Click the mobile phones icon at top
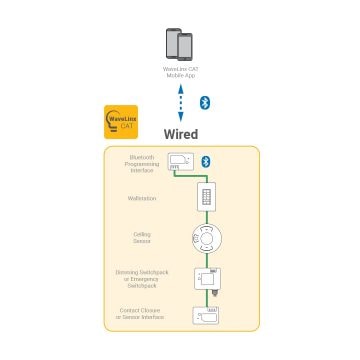(x=179, y=46)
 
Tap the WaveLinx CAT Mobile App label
(x=179, y=72)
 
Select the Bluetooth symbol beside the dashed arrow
(x=203, y=102)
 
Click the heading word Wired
(x=180, y=133)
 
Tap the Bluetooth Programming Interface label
(x=141, y=162)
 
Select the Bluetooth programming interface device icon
(x=181, y=160)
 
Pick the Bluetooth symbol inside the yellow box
(x=207, y=160)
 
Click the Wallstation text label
(x=141, y=198)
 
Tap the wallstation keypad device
(x=207, y=197)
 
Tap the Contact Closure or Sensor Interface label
(x=141, y=315)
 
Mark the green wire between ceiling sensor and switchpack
(x=207, y=260)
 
